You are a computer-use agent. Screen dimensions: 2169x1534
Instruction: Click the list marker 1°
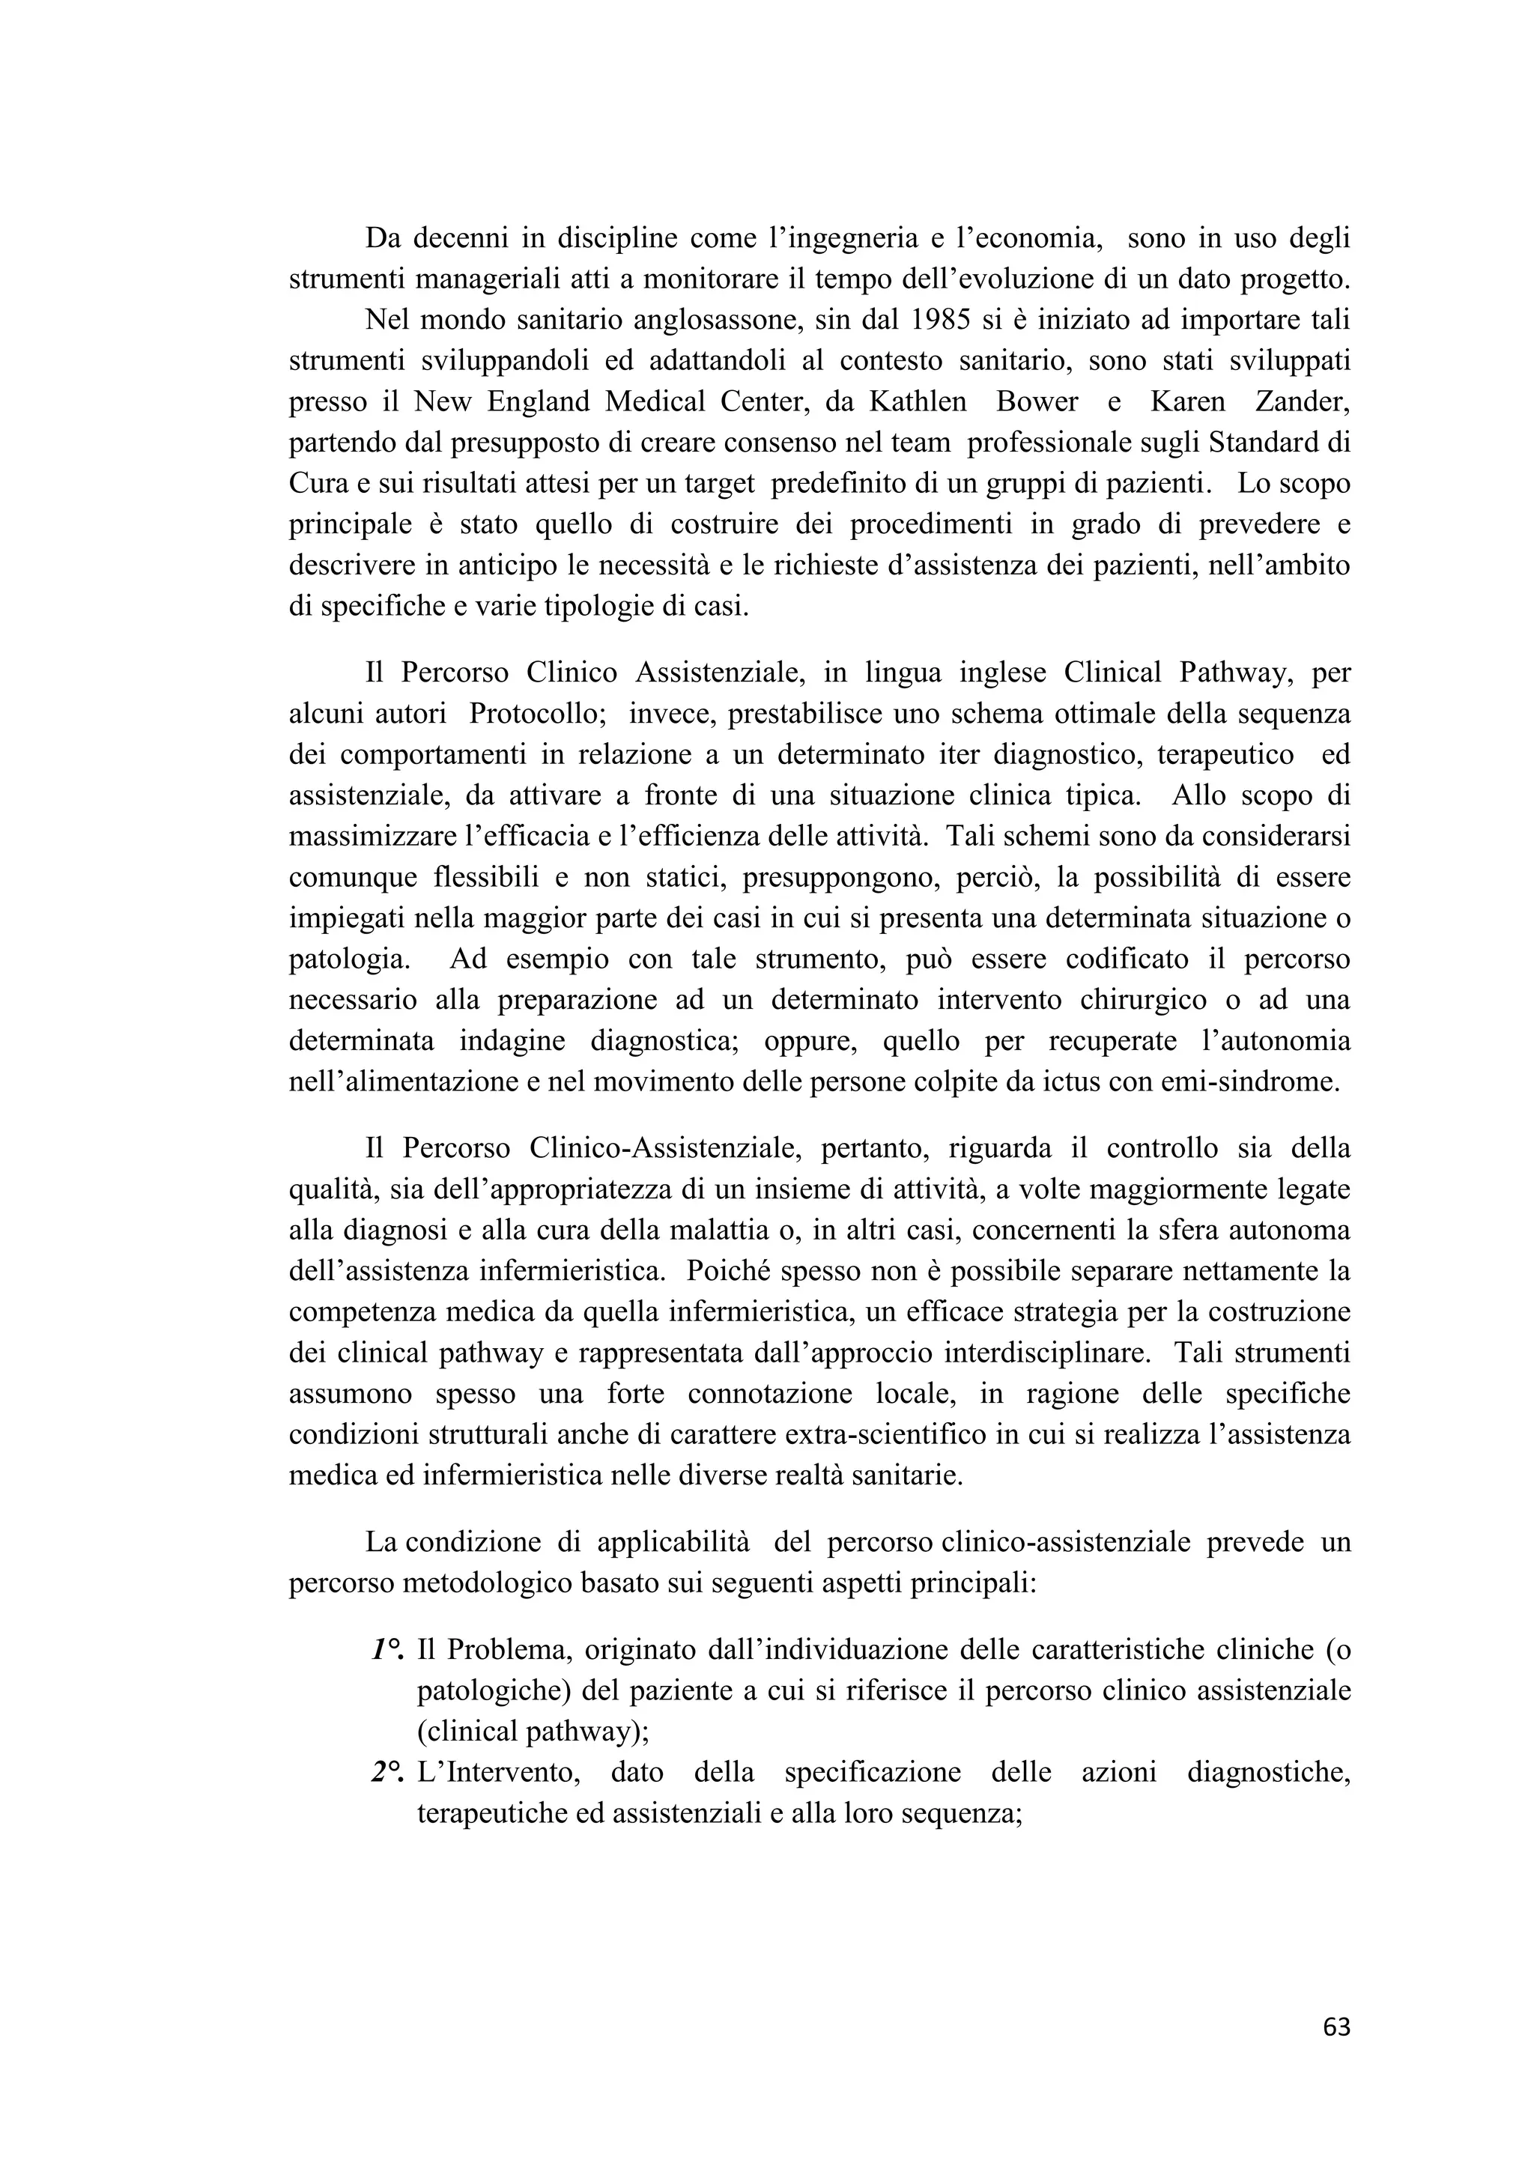387,1649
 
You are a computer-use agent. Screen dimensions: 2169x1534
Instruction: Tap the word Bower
1037,401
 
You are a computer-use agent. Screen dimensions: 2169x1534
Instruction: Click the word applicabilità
673,1541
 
